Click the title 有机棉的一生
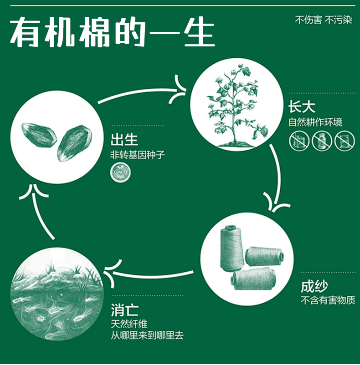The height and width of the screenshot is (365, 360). [112, 33]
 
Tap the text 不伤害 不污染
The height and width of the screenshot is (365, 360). [323, 20]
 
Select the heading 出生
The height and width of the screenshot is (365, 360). [124, 139]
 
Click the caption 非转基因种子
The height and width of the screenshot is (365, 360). [138, 155]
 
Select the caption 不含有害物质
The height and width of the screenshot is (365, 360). [328, 300]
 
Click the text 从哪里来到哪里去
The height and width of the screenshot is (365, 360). [147, 336]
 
